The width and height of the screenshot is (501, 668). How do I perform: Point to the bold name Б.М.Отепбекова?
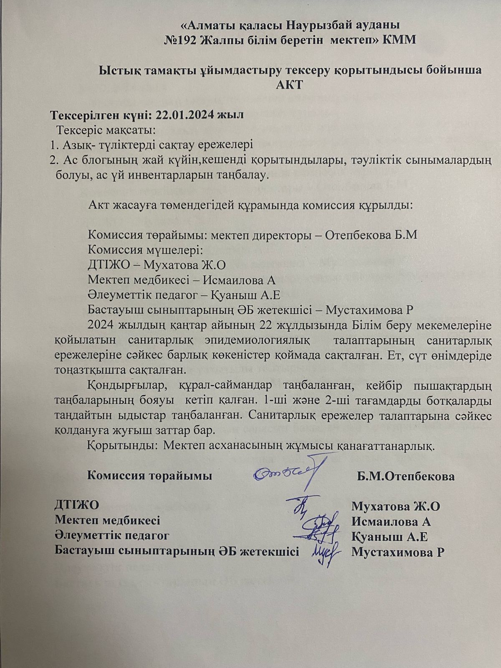(405, 476)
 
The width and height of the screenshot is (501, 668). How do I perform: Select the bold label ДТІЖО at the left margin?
(77, 505)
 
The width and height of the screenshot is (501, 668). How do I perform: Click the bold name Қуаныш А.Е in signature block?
(390, 536)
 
